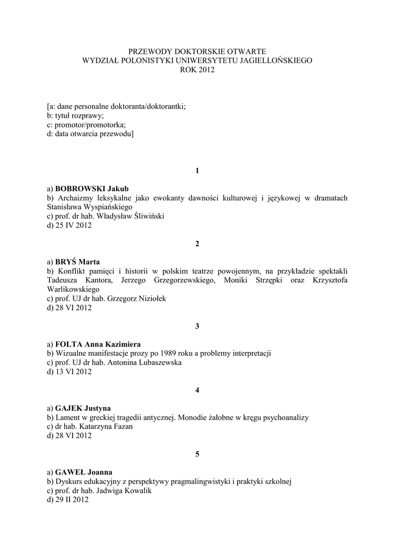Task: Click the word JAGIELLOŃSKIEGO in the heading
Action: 272,60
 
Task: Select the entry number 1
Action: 197,171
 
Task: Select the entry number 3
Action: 197,326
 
